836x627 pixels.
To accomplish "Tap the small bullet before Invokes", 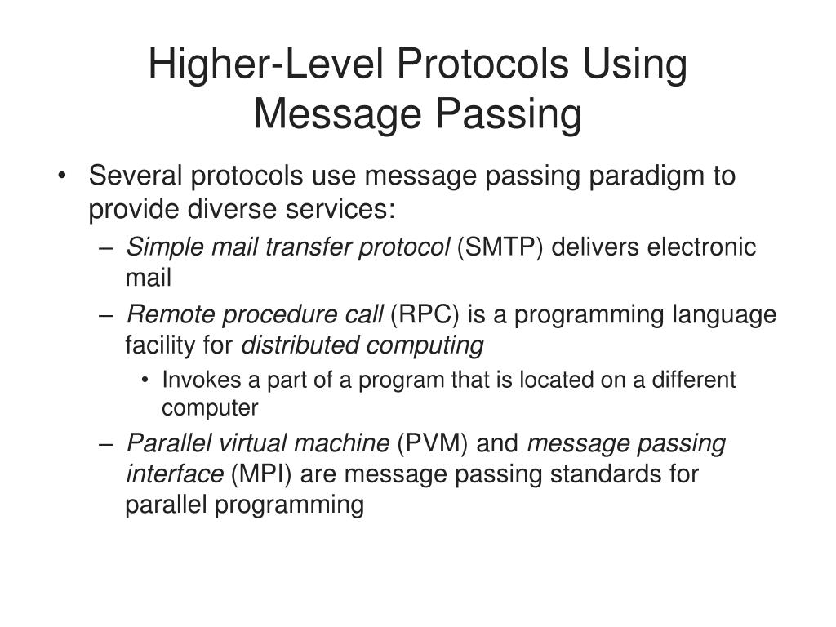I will [x=145, y=381].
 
